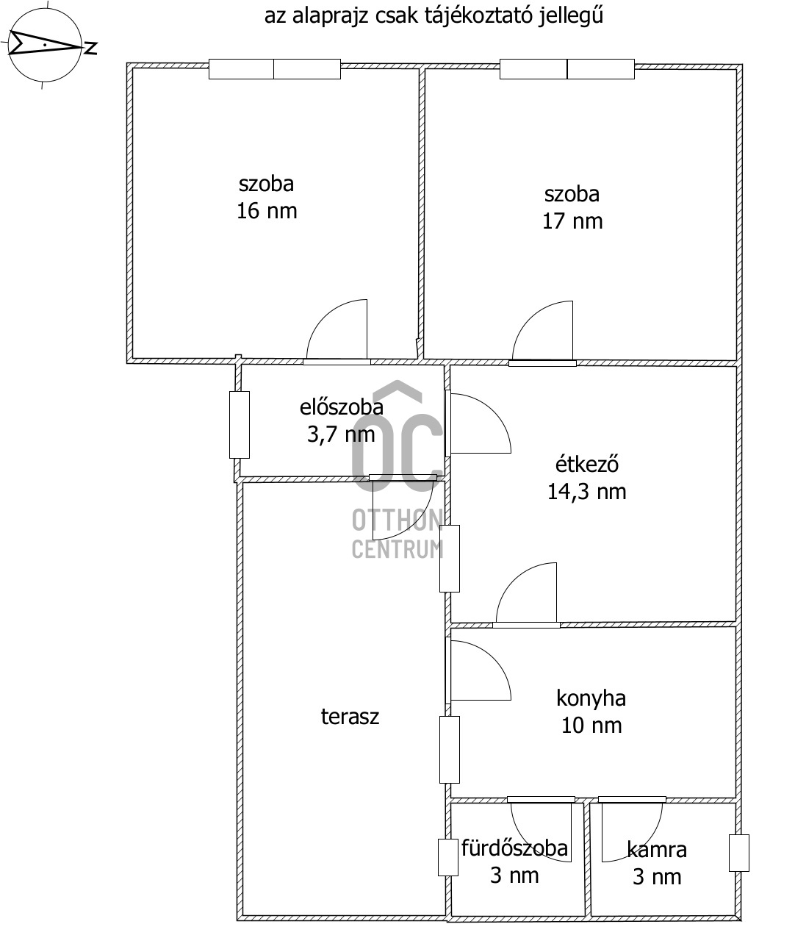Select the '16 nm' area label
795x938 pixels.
(x=267, y=211)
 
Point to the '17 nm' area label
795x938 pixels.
(x=572, y=221)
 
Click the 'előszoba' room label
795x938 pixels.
(x=342, y=407)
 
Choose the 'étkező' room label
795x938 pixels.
(x=587, y=465)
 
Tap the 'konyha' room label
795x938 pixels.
(x=591, y=698)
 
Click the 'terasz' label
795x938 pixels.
(x=350, y=717)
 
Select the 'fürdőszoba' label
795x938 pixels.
(x=514, y=848)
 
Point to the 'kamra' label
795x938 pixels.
(x=657, y=849)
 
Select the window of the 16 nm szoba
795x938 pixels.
(x=274, y=69)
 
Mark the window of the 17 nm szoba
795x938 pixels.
(x=567, y=69)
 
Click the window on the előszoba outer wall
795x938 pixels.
(x=240, y=425)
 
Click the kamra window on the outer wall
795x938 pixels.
(x=738, y=853)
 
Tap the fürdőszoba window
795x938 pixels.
(x=447, y=858)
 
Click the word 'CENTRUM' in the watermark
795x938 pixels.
(x=397, y=548)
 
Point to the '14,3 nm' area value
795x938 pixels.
(x=587, y=492)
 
